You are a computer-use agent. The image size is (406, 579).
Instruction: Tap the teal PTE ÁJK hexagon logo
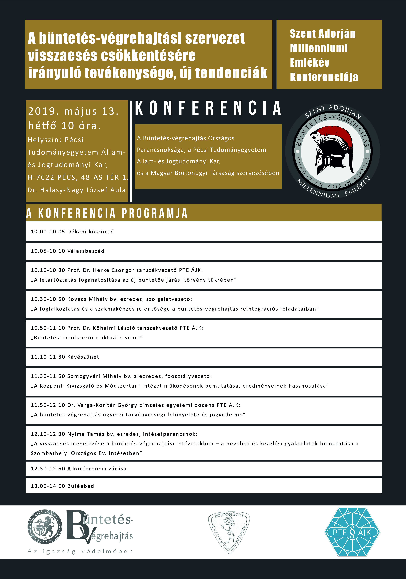point(352,532)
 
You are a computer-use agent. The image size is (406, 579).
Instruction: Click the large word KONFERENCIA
point(208,108)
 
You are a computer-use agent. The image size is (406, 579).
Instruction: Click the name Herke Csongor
point(114,270)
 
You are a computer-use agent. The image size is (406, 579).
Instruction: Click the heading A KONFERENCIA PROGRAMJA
point(107,213)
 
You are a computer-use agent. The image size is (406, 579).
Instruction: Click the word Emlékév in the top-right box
point(310,63)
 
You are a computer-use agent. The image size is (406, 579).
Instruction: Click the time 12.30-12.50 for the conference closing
point(48,469)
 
